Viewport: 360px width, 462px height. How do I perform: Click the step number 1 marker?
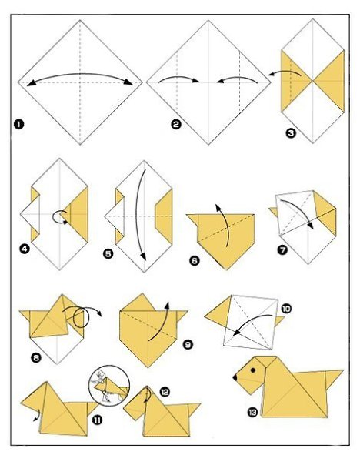(18, 124)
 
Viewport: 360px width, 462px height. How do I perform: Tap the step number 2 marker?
(176, 124)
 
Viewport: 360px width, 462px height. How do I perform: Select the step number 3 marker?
(291, 133)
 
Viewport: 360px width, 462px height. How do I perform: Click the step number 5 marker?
(108, 253)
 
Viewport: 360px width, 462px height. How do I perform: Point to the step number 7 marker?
(282, 250)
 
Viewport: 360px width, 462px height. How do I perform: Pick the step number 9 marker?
(188, 344)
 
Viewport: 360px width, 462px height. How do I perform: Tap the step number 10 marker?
(286, 309)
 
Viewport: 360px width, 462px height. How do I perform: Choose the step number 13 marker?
(252, 413)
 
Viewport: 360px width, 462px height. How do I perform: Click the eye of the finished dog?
(253, 370)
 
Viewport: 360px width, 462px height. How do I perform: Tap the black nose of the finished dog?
(235, 377)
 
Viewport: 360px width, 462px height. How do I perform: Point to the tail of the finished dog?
(334, 379)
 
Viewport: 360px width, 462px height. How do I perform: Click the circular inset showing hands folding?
(109, 386)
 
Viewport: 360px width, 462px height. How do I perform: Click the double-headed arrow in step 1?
(80, 74)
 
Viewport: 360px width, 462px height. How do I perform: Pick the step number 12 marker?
(165, 392)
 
